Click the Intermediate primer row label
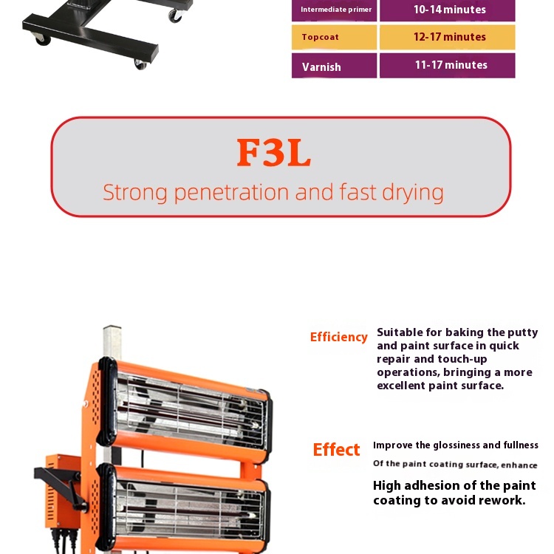tap(334, 10)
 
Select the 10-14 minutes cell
tap(448, 10)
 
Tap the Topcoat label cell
tap(334, 37)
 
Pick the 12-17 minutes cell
tap(448, 37)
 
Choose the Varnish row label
tap(334, 66)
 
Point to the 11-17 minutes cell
tap(448, 66)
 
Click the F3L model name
tap(274, 153)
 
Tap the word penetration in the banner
tap(232, 194)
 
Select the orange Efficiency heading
tap(339, 337)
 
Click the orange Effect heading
tap(336, 450)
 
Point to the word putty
tap(522, 333)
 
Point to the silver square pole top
tap(112, 328)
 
